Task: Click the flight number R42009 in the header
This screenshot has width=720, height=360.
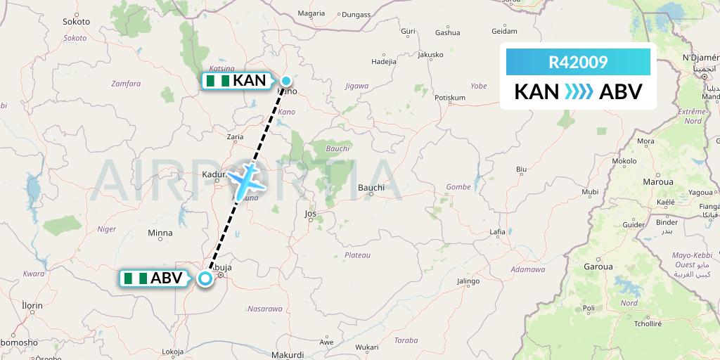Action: (578, 63)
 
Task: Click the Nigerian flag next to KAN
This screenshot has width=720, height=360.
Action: (217, 81)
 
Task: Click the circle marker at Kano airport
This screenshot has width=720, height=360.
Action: (287, 81)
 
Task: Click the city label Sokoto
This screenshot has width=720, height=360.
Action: (76, 22)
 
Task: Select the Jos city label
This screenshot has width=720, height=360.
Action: (310, 213)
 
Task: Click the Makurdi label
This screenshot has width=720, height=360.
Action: (288, 355)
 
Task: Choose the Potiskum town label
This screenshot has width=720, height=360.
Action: (451, 97)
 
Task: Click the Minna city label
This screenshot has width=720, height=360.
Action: (160, 233)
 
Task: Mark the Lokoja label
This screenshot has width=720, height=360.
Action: (172, 352)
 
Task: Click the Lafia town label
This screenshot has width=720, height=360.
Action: (498, 231)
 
